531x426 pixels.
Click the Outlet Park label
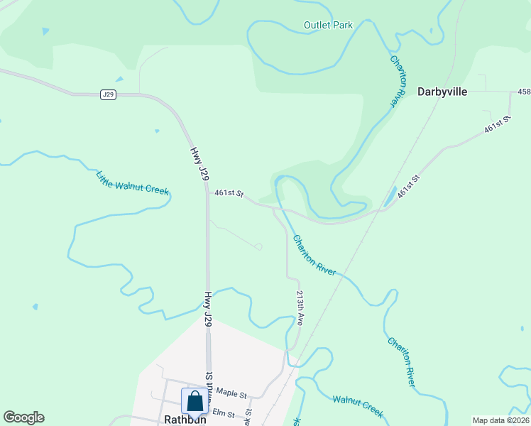coord(328,25)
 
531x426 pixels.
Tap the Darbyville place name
coord(442,91)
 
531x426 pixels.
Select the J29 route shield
coord(108,94)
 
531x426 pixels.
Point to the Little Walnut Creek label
coord(133,182)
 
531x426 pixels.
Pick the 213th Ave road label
coord(300,307)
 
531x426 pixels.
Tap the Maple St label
coord(231,393)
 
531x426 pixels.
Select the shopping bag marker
coord(195,402)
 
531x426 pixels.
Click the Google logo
coord(23,417)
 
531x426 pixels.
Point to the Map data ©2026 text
coord(500,420)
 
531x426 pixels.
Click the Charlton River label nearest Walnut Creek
coord(400,361)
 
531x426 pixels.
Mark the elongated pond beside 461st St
coord(390,197)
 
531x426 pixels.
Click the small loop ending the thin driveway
coord(258,246)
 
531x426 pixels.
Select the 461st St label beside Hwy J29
coord(229,193)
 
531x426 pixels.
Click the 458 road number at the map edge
coord(524,92)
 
